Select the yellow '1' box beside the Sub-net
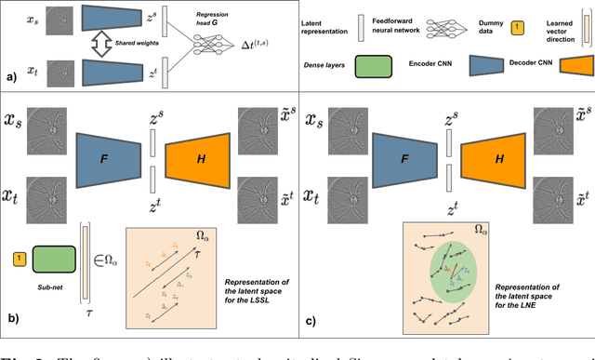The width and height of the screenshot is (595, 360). pos(18,256)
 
